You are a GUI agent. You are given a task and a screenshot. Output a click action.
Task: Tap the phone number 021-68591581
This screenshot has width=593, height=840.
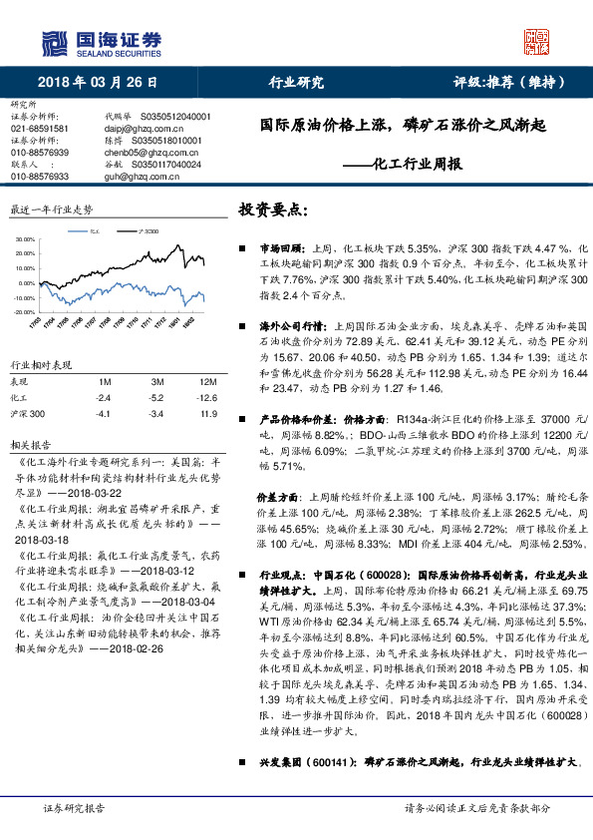[x=40, y=129]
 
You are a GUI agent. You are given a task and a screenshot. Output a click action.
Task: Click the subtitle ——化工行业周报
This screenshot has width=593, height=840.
[x=418, y=165]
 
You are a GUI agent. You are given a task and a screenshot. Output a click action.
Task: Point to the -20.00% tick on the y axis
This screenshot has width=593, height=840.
[x=27, y=311]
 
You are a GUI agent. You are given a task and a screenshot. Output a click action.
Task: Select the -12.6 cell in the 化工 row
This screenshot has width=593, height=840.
[x=207, y=397]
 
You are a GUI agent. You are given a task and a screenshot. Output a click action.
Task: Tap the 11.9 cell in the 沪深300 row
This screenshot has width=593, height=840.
[x=207, y=413]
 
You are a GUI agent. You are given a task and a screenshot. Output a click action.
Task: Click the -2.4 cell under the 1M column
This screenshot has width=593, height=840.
[x=102, y=397]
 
